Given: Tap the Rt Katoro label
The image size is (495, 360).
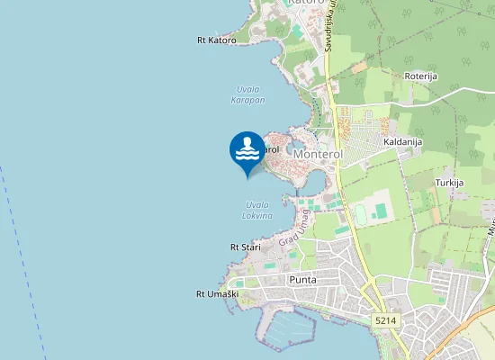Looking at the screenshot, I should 216,40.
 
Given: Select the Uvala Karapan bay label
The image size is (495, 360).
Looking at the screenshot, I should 247,94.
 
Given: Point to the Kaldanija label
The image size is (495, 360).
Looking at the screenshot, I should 402,142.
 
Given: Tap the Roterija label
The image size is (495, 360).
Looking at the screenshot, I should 420,76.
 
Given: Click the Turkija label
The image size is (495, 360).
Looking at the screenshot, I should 449,183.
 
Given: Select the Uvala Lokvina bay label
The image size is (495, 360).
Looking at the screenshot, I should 256,210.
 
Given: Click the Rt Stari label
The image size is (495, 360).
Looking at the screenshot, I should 245,247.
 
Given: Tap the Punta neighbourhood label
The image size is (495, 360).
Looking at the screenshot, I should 302,280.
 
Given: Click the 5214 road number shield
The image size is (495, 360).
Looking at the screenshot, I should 385,320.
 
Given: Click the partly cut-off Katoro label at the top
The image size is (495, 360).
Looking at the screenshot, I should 299,4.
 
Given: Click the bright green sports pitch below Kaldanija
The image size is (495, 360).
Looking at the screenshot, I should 381,211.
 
